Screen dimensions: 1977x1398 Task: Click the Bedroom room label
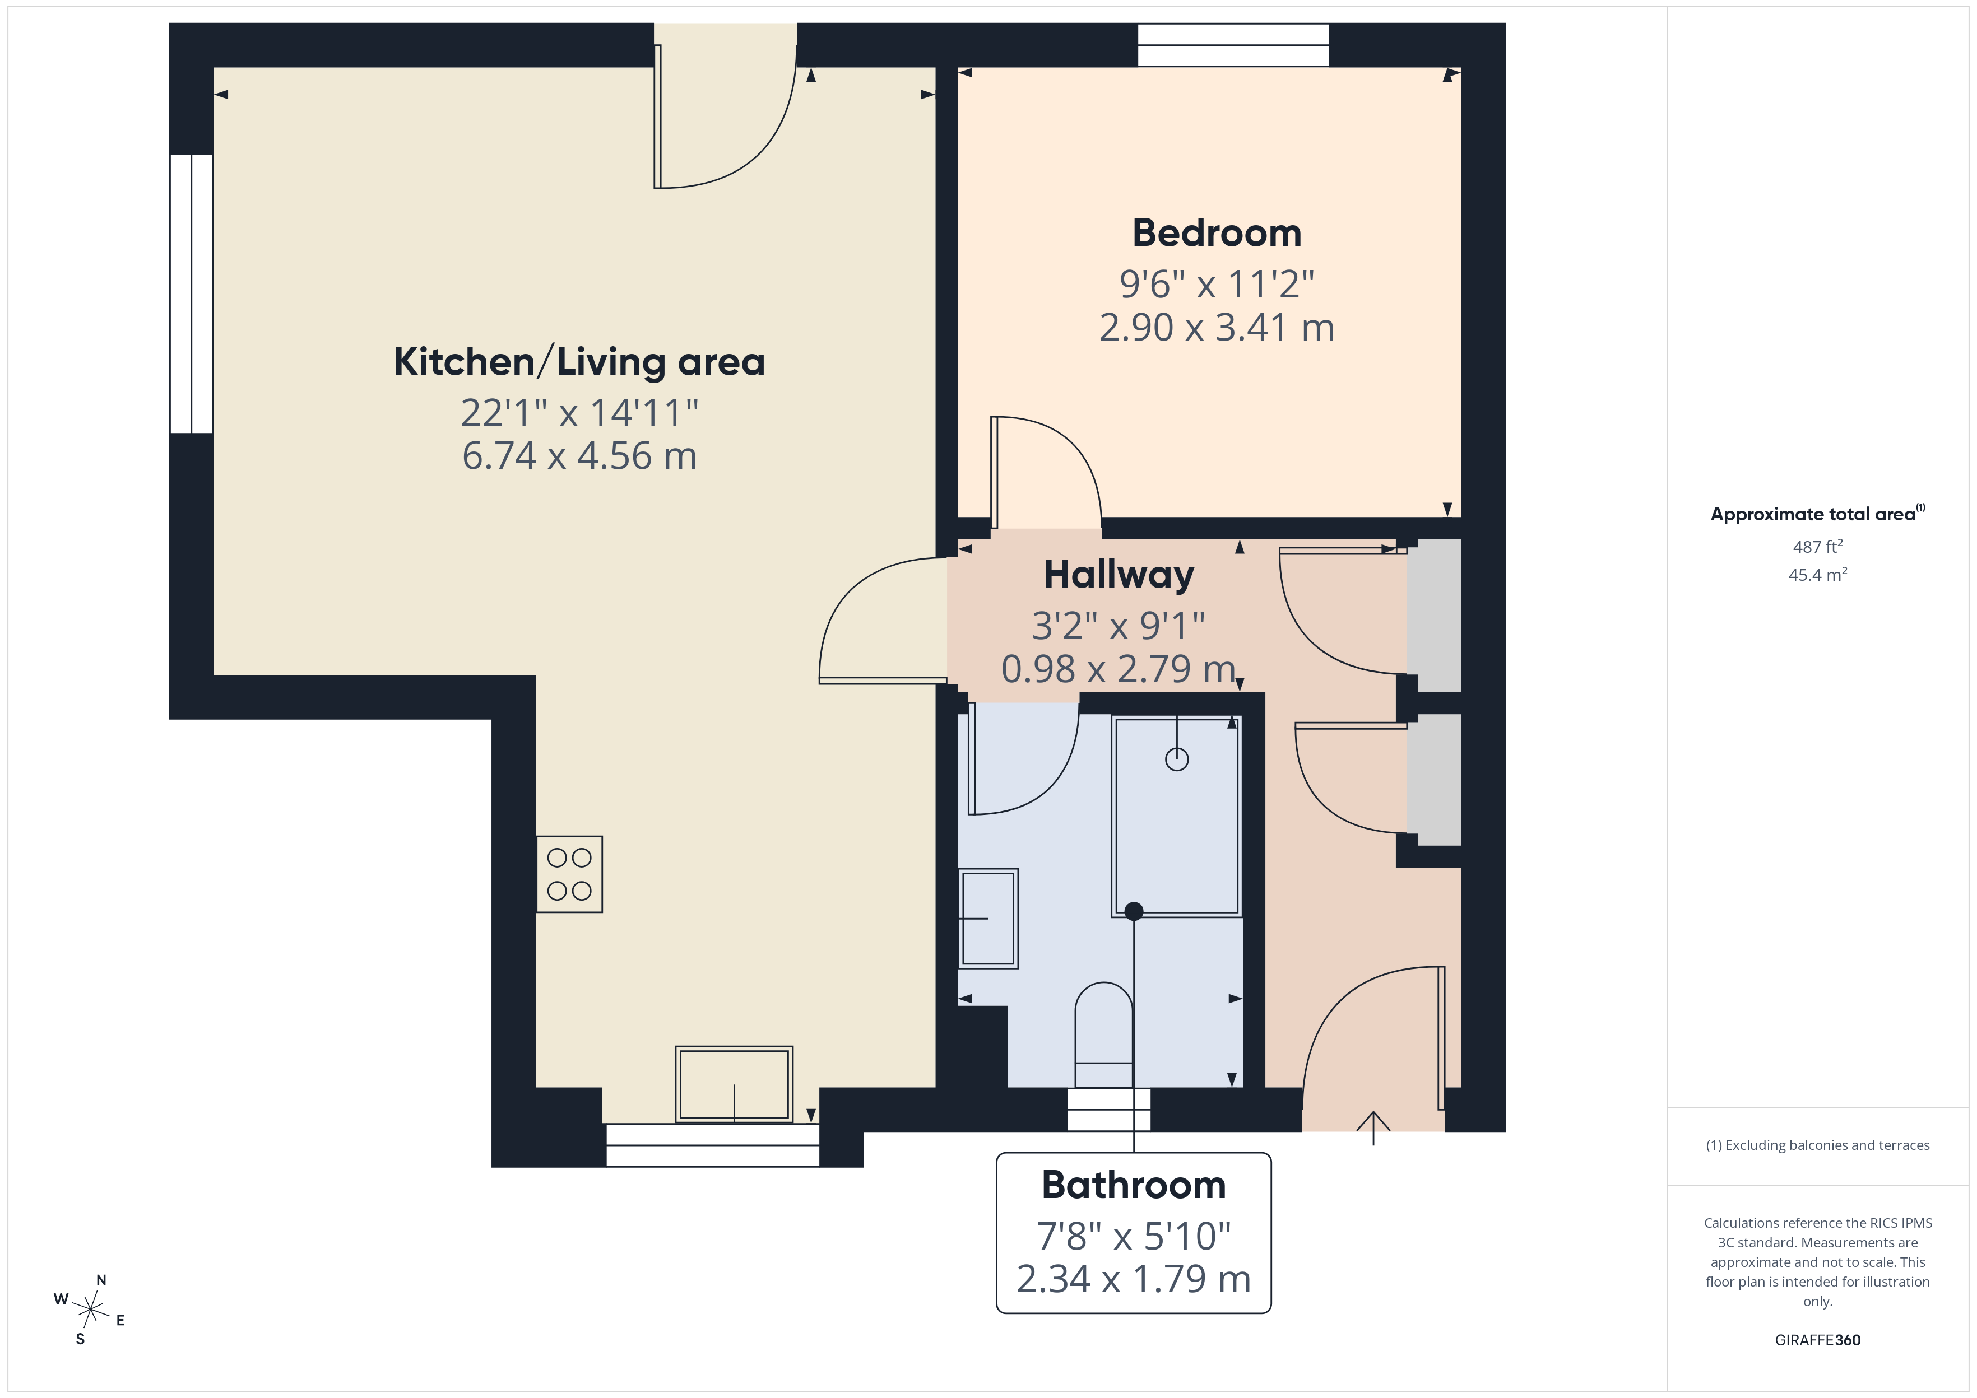[1216, 234]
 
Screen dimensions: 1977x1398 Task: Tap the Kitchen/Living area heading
[579, 362]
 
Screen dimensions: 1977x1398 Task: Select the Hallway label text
[1119, 575]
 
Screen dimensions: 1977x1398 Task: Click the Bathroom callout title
[1133, 1185]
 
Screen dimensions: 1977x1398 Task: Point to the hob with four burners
[569, 874]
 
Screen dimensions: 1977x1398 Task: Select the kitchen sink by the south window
[734, 1084]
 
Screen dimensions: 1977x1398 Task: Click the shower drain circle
[1177, 759]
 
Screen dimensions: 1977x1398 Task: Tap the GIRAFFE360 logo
[1818, 1340]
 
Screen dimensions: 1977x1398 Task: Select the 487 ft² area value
[1818, 547]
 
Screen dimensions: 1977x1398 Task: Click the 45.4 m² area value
[1818, 574]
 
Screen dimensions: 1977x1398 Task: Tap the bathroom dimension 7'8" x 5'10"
[1133, 1236]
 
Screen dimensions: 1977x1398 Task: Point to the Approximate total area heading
[1818, 514]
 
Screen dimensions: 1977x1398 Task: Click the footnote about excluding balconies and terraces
[1818, 1145]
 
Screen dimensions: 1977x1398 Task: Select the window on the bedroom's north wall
[1233, 45]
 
